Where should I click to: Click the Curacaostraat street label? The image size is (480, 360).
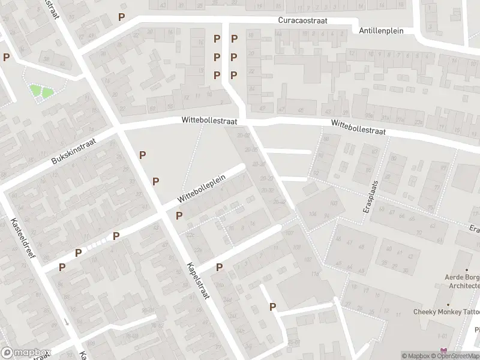pos(303,20)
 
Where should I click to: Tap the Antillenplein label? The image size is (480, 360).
pos(381,31)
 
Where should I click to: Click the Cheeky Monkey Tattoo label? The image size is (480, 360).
pos(446,311)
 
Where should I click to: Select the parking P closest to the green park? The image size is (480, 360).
pos(6,58)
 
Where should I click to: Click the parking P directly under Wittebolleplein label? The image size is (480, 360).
pos(178,215)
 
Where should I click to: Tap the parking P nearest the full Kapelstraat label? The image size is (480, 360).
pos(219,268)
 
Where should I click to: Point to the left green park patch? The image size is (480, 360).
pos(36,92)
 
